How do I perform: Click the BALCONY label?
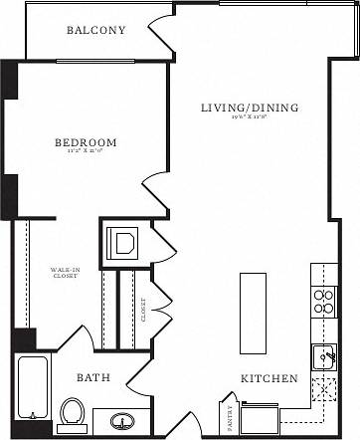point(96,30)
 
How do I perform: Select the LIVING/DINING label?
point(250,108)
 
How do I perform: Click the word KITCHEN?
point(270,379)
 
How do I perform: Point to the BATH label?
point(93,378)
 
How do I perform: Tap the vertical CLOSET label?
point(144,312)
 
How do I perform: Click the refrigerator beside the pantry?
point(260,418)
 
